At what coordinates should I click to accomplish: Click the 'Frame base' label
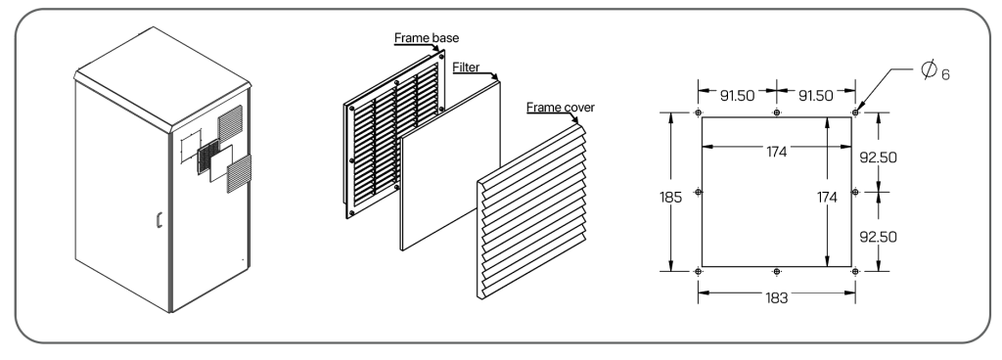(x=427, y=37)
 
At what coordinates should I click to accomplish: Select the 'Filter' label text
(x=466, y=67)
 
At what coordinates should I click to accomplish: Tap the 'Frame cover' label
(x=561, y=108)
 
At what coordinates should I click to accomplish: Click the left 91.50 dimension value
(x=738, y=96)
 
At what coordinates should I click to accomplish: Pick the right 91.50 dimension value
(x=816, y=96)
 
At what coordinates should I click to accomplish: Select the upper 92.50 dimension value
(x=878, y=157)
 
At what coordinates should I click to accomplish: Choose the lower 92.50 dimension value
(x=878, y=237)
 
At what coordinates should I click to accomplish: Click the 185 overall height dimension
(x=671, y=198)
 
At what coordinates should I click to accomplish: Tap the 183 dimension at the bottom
(x=776, y=298)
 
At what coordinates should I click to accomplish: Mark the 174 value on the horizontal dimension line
(x=776, y=152)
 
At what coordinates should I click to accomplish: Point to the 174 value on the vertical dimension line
(x=827, y=198)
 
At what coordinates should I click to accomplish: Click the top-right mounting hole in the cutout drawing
(x=855, y=112)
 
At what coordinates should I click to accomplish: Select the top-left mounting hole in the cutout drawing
(x=698, y=112)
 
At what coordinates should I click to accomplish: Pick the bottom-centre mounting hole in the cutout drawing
(x=776, y=271)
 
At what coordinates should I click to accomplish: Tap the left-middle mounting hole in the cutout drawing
(x=698, y=192)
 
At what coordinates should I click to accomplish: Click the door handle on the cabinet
(x=159, y=219)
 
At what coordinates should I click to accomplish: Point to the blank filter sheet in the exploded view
(x=450, y=166)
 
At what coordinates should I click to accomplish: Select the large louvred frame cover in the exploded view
(x=531, y=211)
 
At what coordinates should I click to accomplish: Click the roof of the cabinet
(x=162, y=78)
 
